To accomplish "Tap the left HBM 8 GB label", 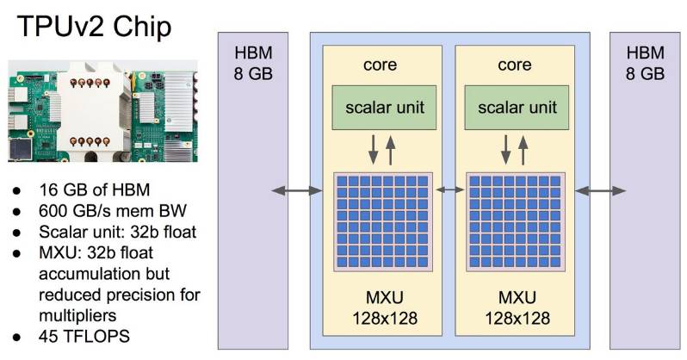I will tap(252, 62).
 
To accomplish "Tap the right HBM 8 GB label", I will tap(645, 62).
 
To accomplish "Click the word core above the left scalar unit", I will tap(381, 65).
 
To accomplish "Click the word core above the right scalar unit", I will tap(514, 65).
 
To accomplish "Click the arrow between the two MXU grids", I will tap(448, 188).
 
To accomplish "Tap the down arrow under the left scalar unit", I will tap(374, 148).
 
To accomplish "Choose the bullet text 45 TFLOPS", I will tap(84, 336).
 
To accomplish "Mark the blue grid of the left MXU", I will tap(381, 223).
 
